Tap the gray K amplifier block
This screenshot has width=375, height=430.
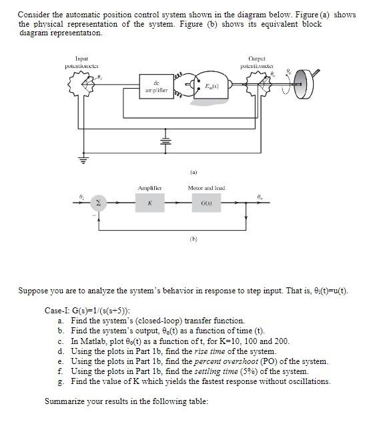[149, 203]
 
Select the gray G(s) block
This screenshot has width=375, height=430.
[206, 203]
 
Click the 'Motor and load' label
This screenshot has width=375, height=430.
[206, 188]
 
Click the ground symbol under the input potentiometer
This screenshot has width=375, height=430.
[75, 160]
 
